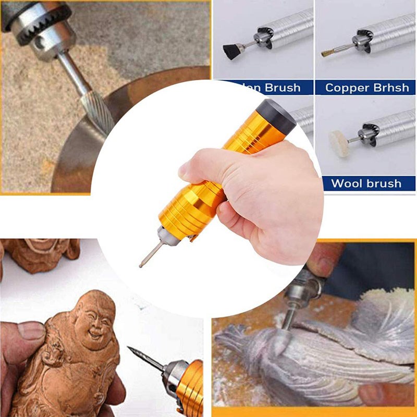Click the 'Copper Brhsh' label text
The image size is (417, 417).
366,88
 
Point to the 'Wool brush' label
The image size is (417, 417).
366,183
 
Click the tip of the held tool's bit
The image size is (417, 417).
141,265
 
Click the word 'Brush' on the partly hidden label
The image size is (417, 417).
282,88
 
